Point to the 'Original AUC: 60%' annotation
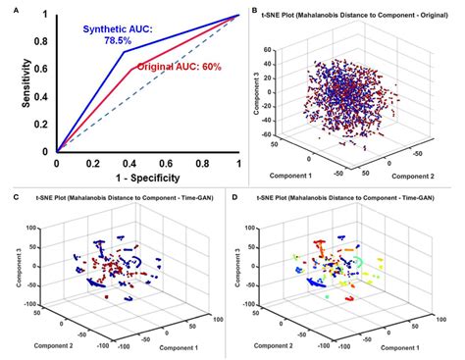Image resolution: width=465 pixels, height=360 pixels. click(178, 65)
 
